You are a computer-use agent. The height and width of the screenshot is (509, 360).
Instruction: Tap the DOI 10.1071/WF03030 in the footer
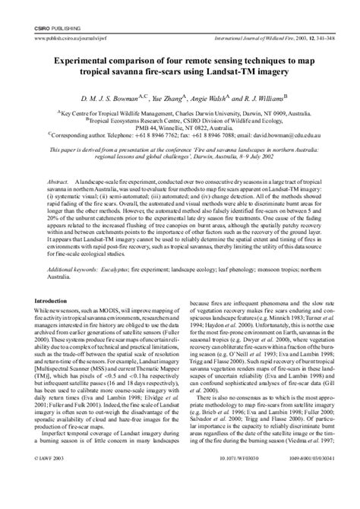click(x=185, y=502)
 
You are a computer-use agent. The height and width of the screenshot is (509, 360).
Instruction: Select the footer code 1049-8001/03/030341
click(x=302, y=502)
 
